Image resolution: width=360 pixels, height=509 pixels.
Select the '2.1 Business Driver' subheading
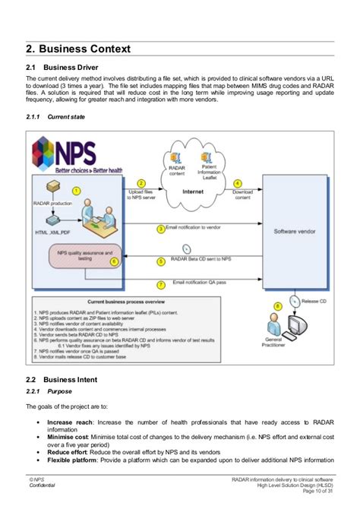[x=61, y=68]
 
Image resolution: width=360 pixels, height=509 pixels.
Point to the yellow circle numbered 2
[x=141, y=183]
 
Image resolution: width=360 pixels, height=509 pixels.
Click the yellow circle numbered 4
[x=237, y=183]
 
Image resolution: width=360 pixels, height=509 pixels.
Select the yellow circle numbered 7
[x=160, y=285]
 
